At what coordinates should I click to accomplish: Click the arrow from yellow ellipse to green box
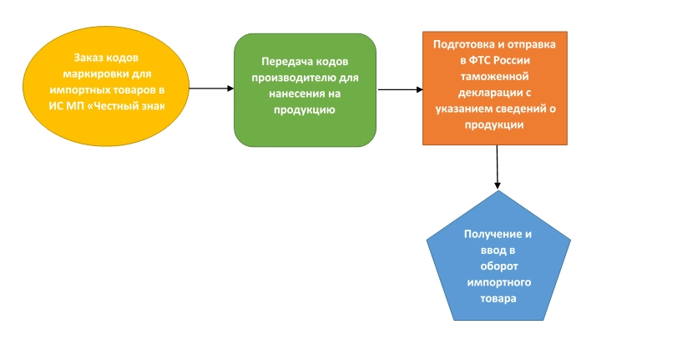[x=210, y=88]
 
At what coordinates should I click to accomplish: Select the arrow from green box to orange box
[x=399, y=89]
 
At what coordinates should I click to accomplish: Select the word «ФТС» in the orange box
[x=490, y=61]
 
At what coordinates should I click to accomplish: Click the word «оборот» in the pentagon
[x=499, y=265]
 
